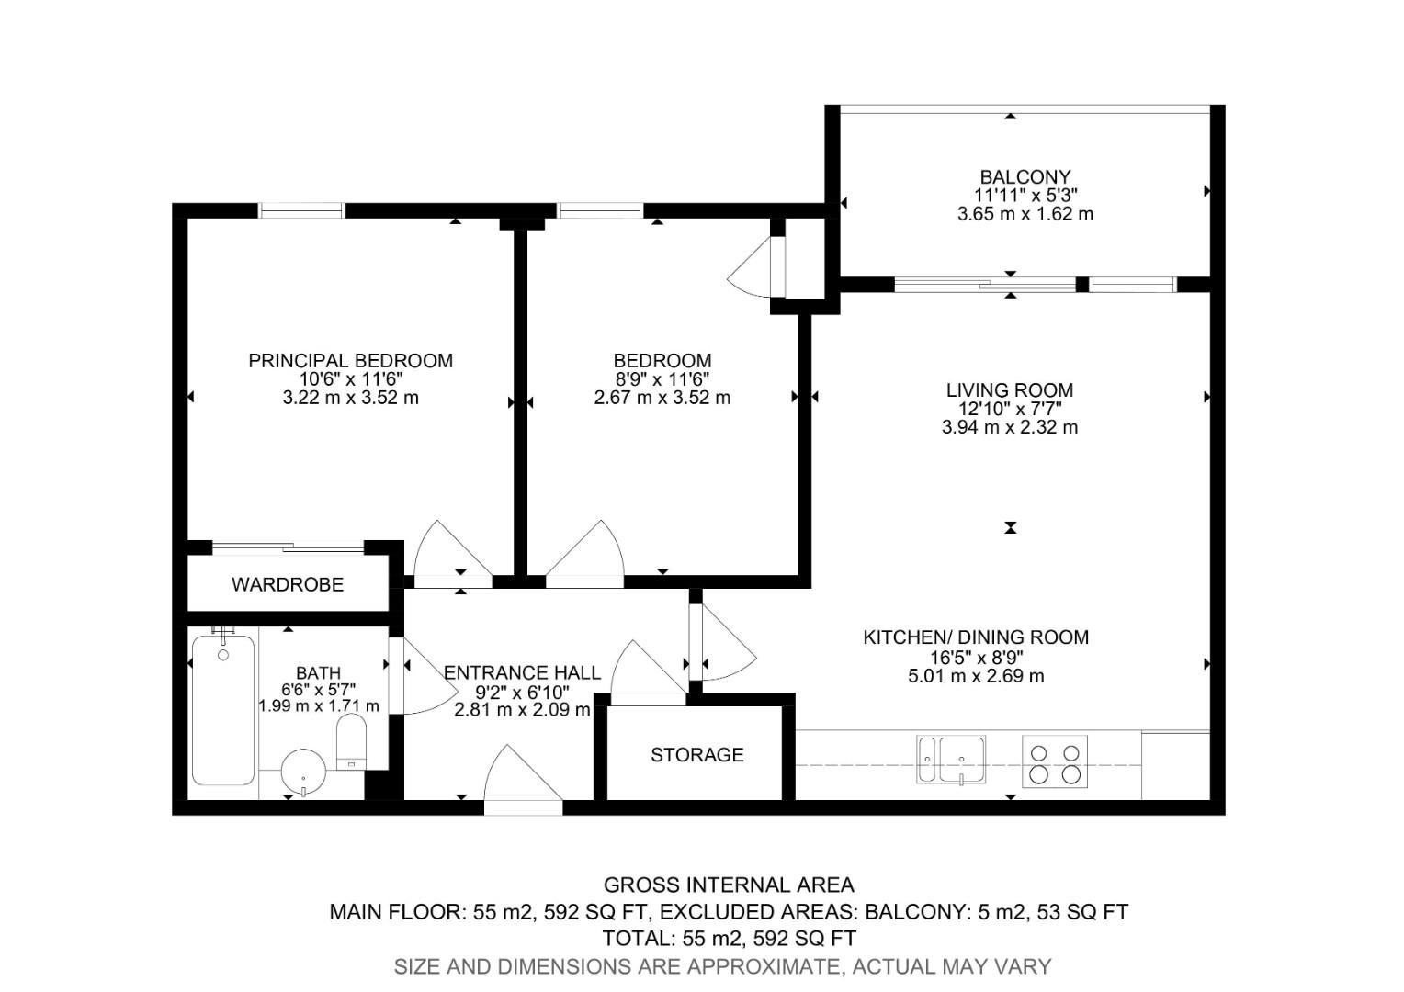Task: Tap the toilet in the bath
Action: pyautogui.click(x=351, y=742)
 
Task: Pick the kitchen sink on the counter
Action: pyautogui.click(x=952, y=760)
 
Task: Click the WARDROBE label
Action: pyautogui.click(x=288, y=584)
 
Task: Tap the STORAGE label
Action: pyautogui.click(x=696, y=755)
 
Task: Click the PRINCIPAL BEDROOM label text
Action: pyautogui.click(x=350, y=360)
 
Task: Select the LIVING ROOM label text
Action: pyautogui.click(x=1010, y=389)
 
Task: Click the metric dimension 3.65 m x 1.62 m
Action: pyautogui.click(x=1025, y=214)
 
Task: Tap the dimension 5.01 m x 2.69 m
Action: pyautogui.click(x=976, y=676)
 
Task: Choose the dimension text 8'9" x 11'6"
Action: pyautogui.click(x=662, y=379)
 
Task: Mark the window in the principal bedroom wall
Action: pyautogui.click(x=301, y=210)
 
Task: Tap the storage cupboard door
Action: pyautogui.click(x=648, y=675)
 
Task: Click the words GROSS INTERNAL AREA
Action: pyautogui.click(x=729, y=885)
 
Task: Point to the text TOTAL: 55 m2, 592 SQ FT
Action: pyautogui.click(x=729, y=938)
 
